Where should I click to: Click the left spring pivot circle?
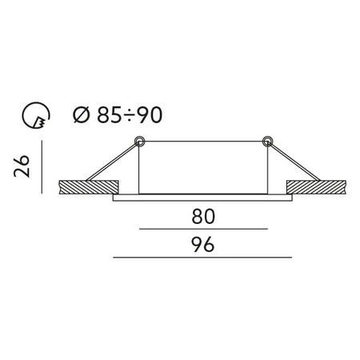[139, 142]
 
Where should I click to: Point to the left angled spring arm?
[112, 164]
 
